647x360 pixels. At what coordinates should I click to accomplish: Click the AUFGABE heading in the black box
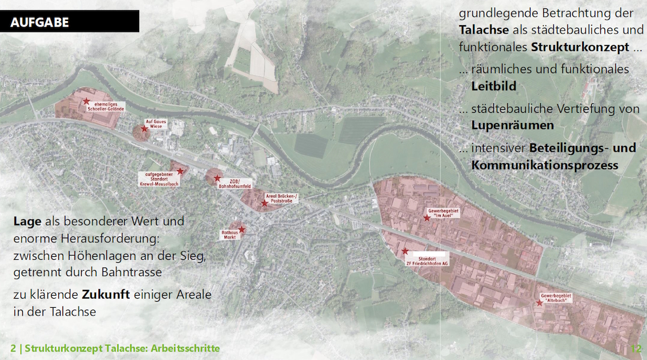click(x=40, y=23)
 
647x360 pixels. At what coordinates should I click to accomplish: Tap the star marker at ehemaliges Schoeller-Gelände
click(x=86, y=101)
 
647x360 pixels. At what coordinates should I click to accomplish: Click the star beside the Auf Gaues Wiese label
click(x=144, y=128)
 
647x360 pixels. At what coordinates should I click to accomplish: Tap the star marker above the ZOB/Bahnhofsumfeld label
click(x=217, y=178)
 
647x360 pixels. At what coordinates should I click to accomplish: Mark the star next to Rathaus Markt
click(x=241, y=229)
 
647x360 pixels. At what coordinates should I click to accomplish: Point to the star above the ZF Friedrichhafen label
click(x=405, y=251)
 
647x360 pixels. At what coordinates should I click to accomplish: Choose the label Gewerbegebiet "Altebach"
click(x=556, y=299)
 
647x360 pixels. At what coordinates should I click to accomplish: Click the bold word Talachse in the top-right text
click(x=484, y=30)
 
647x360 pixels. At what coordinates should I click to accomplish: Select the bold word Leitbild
click(x=493, y=86)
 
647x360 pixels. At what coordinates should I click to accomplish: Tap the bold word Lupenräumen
click(x=512, y=125)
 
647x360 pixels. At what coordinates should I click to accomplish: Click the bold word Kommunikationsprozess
click(x=544, y=165)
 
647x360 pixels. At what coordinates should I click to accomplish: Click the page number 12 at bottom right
click(x=636, y=349)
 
